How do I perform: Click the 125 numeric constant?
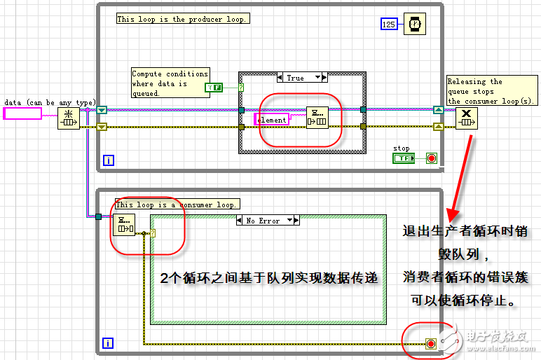[x=389, y=24]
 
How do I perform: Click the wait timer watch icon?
[x=415, y=24]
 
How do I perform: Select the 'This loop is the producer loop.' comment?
[x=182, y=19]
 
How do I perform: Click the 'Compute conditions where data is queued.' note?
[x=170, y=83]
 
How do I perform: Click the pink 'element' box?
[x=271, y=120]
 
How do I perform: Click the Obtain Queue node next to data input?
[x=68, y=118]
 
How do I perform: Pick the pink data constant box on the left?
[x=22, y=113]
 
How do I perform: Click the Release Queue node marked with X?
[x=467, y=118]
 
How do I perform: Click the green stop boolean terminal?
[x=403, y=158]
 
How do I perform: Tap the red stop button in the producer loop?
[x=432, y=158]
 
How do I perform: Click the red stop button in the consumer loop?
[x=431, y=344]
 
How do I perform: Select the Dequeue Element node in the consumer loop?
[x=125, y=225]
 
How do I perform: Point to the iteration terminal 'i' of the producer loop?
[x=109, y=160]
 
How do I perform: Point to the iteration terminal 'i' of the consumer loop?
[x=109, y=343]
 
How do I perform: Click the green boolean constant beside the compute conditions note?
[x=213, y=88]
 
